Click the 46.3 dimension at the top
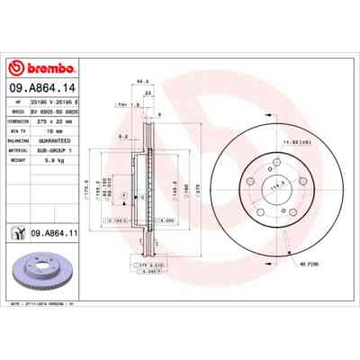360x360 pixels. point(141,82)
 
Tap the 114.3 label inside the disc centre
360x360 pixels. point(265,185)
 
